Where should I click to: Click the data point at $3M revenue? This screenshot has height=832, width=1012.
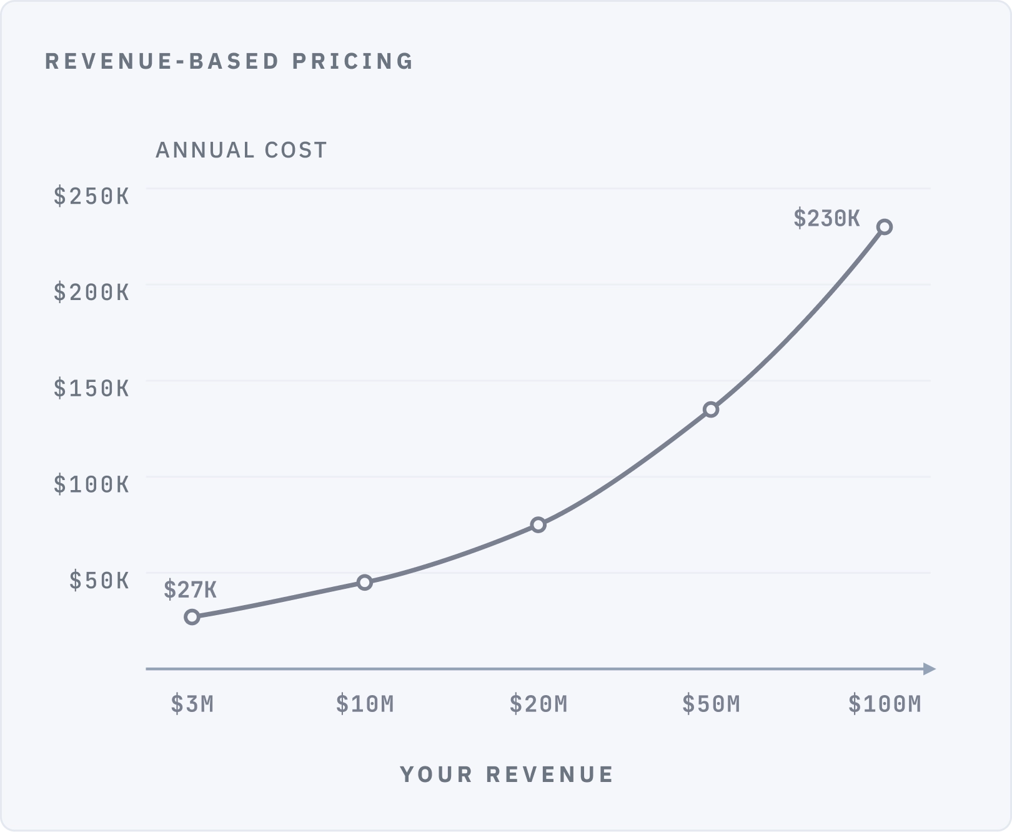click(192, 617)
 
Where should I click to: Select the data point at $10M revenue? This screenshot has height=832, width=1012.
click(365, 583)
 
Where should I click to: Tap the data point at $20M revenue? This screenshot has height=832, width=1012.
click(538, 525)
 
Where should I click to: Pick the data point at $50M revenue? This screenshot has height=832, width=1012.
click(711, 410)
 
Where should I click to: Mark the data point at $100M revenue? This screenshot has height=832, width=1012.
click(885, 227)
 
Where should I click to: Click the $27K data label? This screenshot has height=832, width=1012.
click(191, 589)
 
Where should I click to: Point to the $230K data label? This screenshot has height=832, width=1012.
click(826, 218)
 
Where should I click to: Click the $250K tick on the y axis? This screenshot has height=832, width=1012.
click(92, 196)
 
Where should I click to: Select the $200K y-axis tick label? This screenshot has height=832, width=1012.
click(92, 292)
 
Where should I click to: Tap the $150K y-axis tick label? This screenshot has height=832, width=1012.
click(92, 388)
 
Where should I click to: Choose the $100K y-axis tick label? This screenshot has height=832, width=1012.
click(92, 484)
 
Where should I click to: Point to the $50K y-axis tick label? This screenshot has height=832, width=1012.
click(99, 580)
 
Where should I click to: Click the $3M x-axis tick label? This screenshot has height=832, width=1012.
click(192, 704)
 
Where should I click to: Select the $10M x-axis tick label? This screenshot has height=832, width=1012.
click(365, 704)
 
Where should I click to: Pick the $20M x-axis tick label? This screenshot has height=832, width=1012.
click(538, 704)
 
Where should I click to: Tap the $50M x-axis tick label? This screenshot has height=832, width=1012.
click(711, 704)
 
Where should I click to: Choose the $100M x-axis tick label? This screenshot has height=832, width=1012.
click(885, 704)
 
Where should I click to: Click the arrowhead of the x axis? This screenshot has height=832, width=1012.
click(930, 669)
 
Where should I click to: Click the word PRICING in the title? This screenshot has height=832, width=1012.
click(353, 61)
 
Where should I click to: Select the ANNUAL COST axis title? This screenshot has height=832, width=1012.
click(241, 150)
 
